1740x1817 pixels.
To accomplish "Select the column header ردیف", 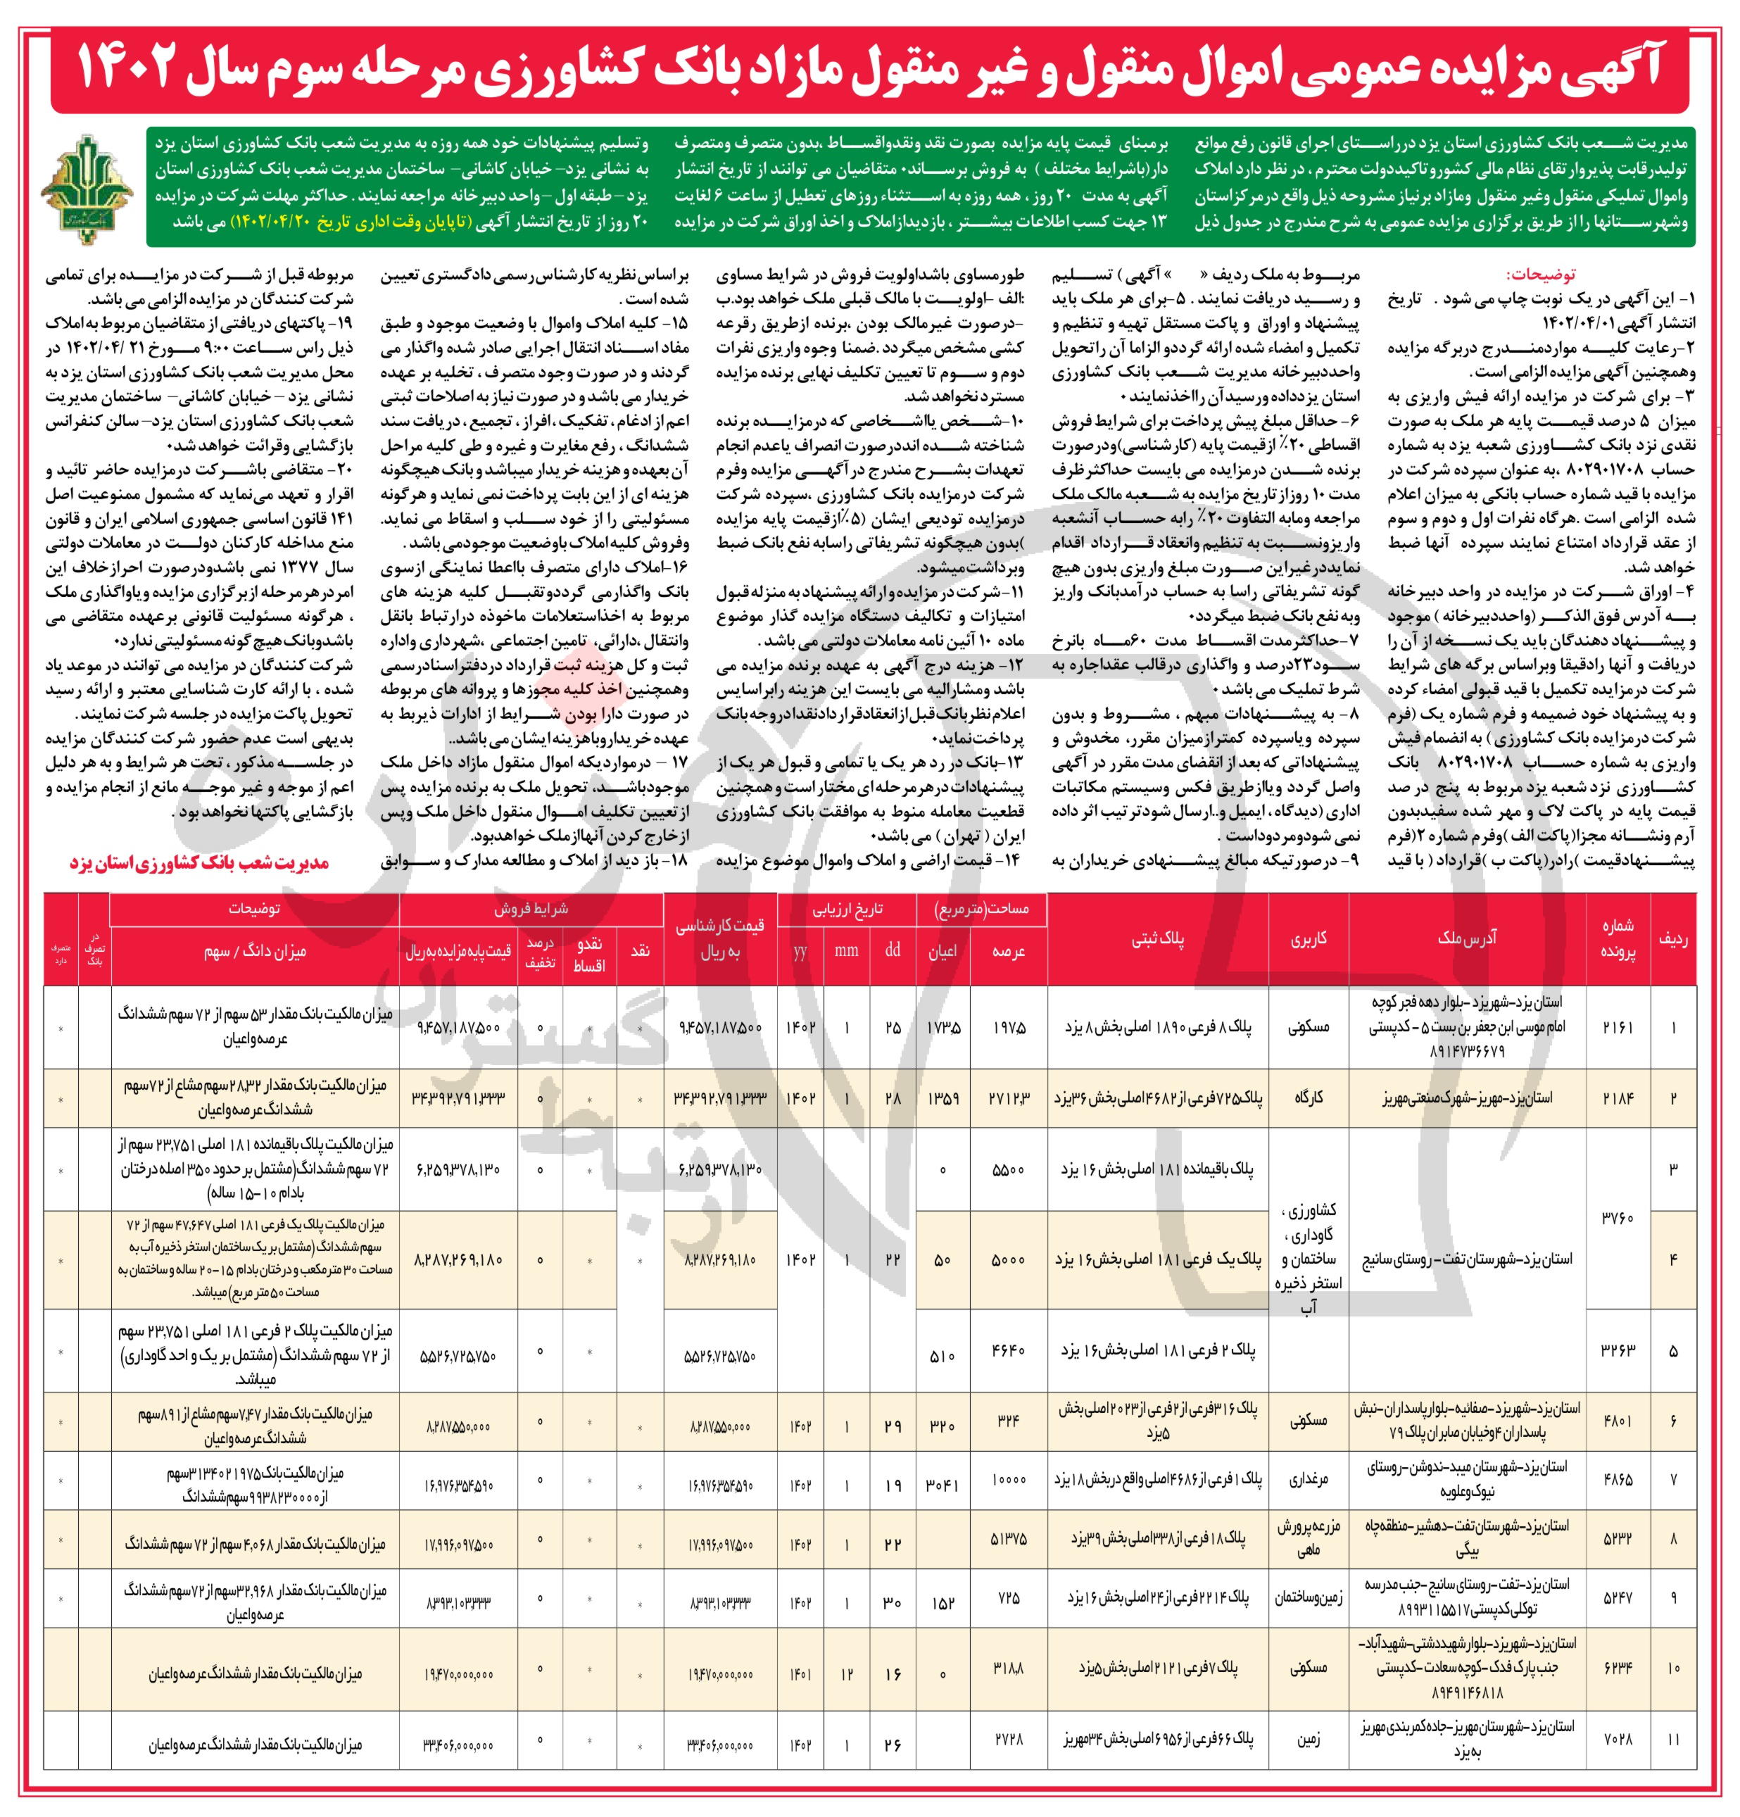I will (x=1673, y=938).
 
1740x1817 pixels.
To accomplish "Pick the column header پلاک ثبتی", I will (x=1158, y=938).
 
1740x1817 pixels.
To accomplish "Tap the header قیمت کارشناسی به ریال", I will (x=720, y=938).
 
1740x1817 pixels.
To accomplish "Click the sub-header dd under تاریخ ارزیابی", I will (x=892, y=951).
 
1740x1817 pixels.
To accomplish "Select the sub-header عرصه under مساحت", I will (x=1008, y=951).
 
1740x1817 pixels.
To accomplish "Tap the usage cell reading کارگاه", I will (x=1308, y=1098).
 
